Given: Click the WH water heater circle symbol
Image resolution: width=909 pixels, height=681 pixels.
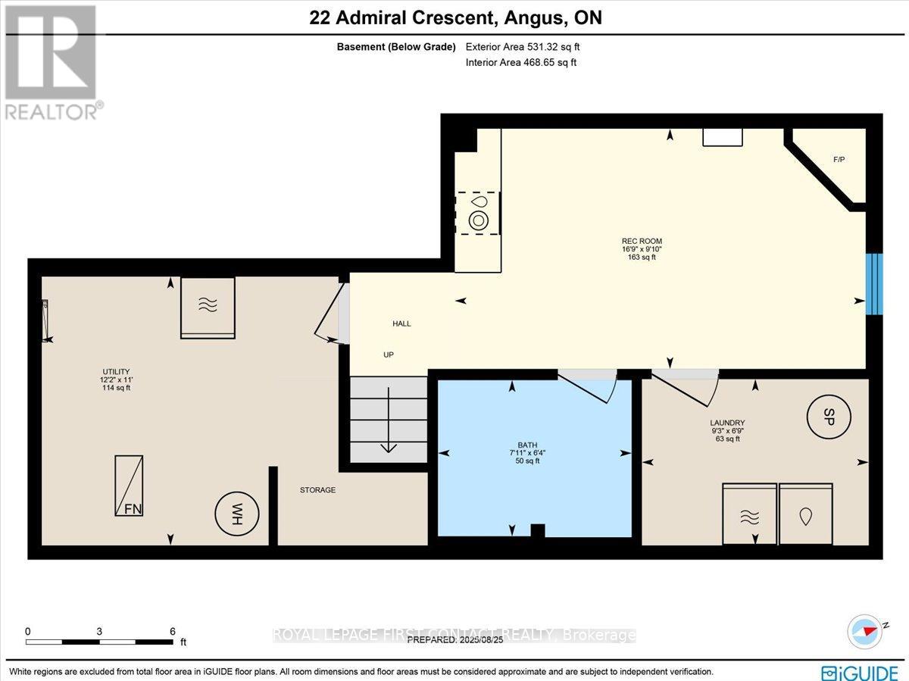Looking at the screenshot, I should (238, 513).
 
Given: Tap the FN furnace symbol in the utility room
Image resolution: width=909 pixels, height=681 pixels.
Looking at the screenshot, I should (129, 486).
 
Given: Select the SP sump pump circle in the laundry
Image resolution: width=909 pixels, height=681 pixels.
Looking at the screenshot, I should (829, 416).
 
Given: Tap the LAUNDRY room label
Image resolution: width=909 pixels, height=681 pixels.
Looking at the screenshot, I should (727, 423).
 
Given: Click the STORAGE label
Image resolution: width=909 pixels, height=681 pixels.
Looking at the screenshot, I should (317, 490).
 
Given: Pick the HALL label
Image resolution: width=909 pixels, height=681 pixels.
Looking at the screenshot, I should (401, 323).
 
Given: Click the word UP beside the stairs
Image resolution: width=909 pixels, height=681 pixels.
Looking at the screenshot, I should (389, 355).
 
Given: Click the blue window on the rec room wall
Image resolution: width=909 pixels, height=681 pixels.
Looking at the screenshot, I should (874, 283).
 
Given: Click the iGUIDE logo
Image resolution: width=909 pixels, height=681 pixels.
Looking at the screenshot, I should (861, 672).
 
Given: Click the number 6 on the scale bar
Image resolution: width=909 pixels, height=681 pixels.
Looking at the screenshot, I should (173, 631).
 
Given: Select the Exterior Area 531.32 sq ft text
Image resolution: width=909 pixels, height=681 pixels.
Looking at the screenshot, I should (523, 47).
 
